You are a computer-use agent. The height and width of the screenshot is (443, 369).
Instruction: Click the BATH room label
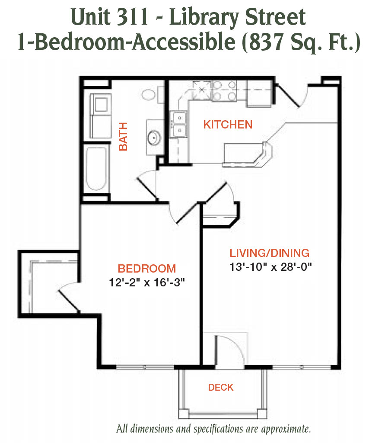(123, 136)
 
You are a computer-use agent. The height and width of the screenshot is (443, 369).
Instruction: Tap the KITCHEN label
(228, 125)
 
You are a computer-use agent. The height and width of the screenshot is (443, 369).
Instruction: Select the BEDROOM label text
(147, 268)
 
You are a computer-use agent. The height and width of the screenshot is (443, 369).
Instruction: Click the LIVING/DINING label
(270, 253)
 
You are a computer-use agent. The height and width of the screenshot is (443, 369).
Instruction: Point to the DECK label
(221, 387)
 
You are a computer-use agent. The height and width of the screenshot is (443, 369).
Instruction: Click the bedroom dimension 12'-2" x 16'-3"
(147, 282)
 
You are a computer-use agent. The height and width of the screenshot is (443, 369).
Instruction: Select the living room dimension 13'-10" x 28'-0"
(270, 266)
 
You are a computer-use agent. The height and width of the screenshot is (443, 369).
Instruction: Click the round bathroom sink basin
(154, 137)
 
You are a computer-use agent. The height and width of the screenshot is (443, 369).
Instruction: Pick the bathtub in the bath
(96, 169)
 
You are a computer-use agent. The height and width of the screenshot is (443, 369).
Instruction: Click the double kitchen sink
(178, 124)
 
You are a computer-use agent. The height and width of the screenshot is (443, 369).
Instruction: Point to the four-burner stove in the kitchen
(224, 90)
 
